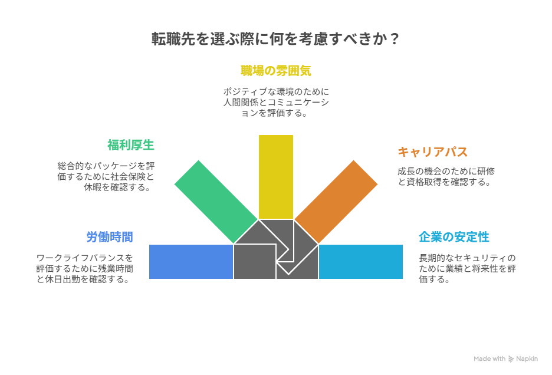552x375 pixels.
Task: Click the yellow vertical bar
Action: click(275, 176)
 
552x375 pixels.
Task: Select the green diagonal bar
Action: click(216, 201)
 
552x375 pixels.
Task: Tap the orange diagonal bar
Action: click(336, 201)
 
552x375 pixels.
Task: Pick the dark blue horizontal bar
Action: click(190, 261)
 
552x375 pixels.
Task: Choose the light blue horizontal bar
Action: click(361, 261)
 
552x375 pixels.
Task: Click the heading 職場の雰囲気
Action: click(275, 71)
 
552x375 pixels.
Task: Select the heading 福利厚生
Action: click(131, 145)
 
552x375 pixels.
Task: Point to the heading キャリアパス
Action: click(432, 152)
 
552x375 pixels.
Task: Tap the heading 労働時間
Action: click(110, 237)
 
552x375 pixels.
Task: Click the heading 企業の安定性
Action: click(454, 237)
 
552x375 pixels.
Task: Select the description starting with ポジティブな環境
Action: click(275, 102)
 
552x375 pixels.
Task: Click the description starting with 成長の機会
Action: click(446, 176)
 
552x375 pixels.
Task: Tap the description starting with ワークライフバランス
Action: click(84, 268)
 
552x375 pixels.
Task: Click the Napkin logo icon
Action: click(511, 358)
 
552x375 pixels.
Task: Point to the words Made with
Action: click(489, 358)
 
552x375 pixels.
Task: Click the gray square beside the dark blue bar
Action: click(255, 261)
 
